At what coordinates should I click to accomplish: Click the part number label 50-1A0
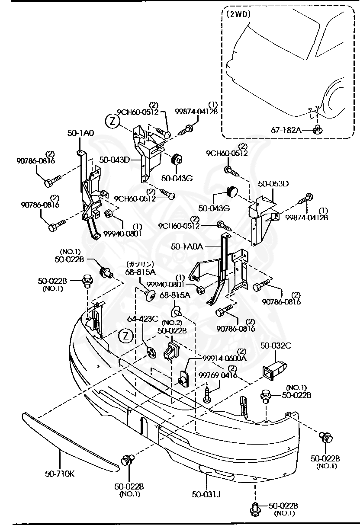tap(80, 133)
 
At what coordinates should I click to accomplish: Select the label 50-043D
tap(115, 160)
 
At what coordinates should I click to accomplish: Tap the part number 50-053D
tap(273, 184)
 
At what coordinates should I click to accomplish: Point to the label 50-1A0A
tap(187, 246)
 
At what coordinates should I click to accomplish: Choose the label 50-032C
tap(276, 345)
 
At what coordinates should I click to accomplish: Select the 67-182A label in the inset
tap(286, 130)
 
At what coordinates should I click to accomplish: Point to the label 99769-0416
tap(218, 375)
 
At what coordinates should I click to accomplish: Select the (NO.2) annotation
tap(171, 323)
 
